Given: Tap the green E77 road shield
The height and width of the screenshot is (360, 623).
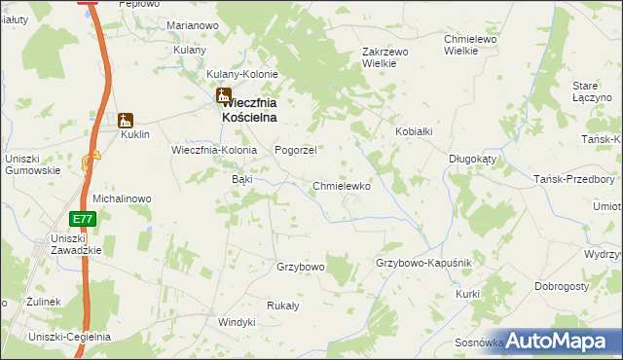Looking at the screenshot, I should tap(84, 220).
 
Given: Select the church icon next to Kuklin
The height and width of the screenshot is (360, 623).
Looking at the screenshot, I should tap(125, 121).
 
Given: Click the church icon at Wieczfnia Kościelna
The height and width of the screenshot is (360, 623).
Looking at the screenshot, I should tap(224, 96).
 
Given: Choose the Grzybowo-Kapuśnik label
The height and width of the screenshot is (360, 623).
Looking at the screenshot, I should tap(423, 264).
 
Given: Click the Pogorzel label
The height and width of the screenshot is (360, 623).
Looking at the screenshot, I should tap(297, 150).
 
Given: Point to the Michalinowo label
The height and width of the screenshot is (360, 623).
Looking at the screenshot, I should tap(122, 198).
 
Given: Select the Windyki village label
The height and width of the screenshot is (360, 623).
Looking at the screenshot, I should tap(237, 321).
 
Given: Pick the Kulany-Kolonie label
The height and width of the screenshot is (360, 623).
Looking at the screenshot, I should tap(242, 74).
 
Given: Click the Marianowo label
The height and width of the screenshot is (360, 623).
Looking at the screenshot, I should tap(192, 24).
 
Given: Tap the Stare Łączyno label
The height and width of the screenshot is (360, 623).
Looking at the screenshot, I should tap(591, 92).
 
